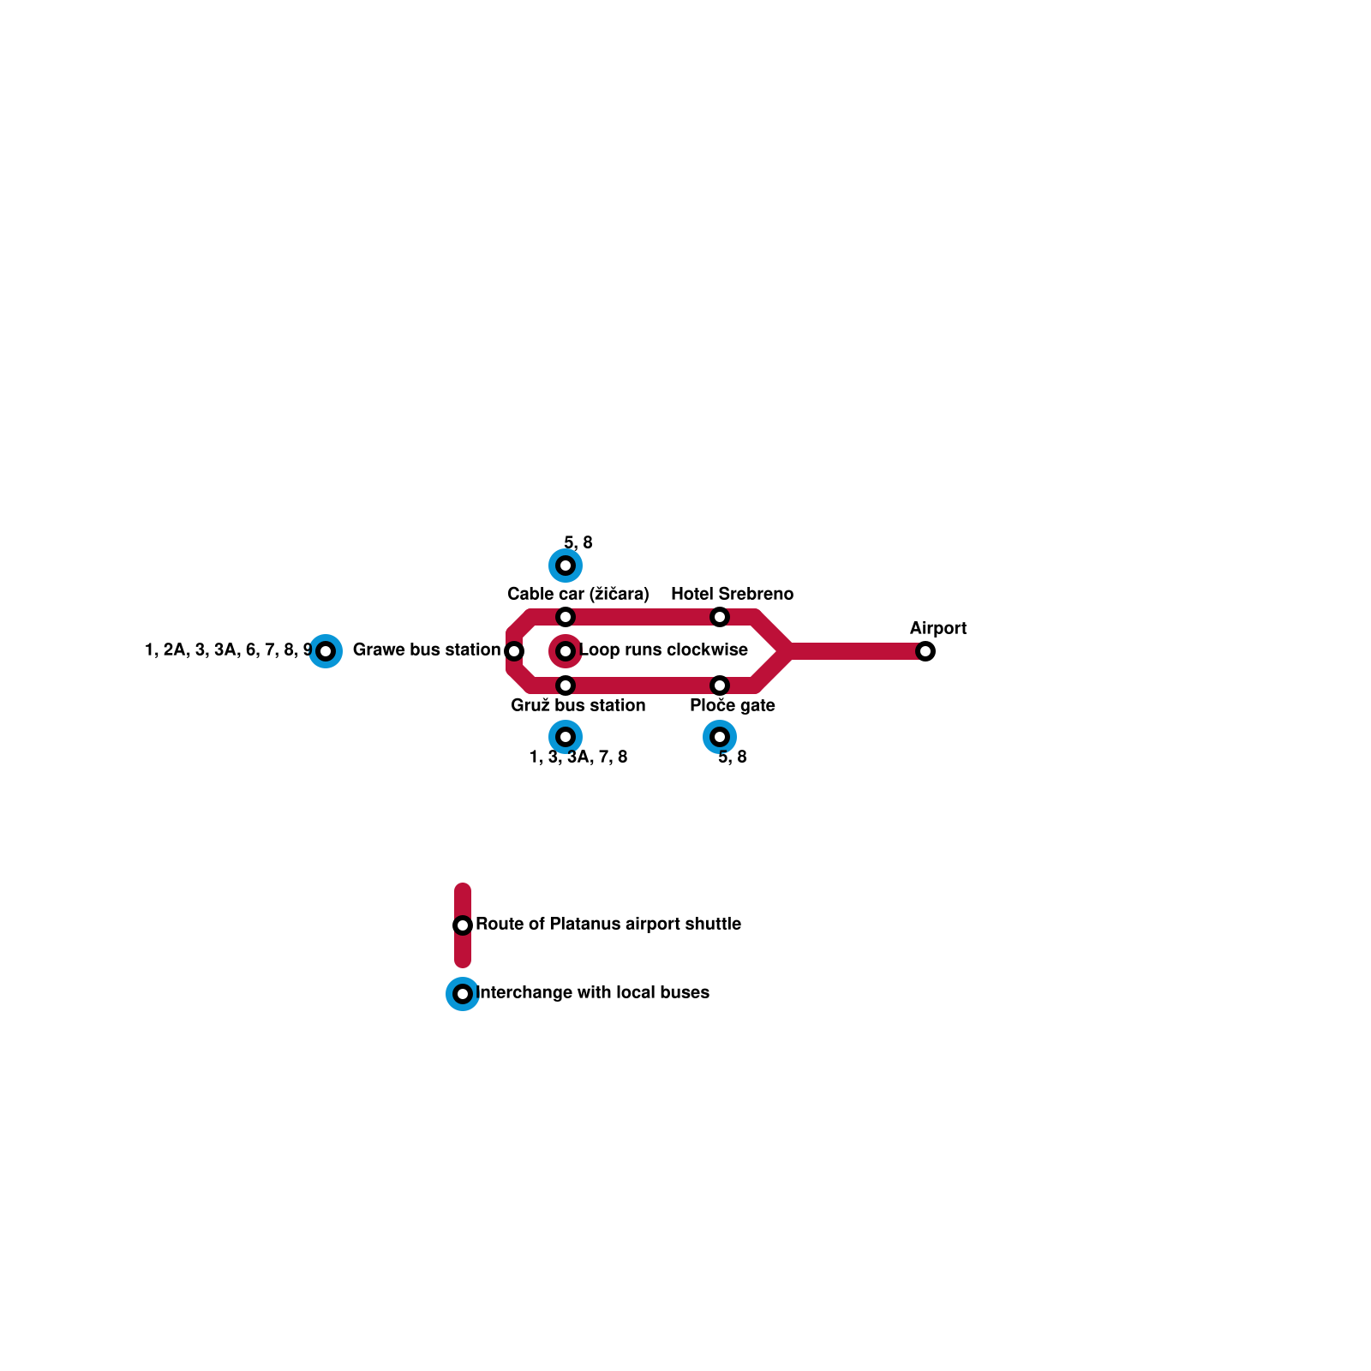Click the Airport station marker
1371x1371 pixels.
(x=925, y=651)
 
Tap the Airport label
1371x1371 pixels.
(x=938, y=628)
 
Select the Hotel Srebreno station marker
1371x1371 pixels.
(x=720, y=617)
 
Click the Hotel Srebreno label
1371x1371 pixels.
(x=732, y=594)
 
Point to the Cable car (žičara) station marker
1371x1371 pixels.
(x=566, y=617)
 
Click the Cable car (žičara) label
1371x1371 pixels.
(x=578, y=594)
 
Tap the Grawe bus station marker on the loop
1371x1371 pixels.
(x=514, y=651)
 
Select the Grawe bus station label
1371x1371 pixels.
(x=426, y=650)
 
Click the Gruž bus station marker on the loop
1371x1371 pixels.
(x=566, y=685)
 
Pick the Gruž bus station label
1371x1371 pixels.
(x=578, y=705)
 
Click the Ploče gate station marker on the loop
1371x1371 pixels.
(x=720, y=685)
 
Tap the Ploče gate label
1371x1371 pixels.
(x=733, y=705)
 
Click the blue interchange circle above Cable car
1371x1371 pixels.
(x=566, y=566)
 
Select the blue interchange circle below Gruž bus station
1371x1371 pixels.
(x=566, y=737)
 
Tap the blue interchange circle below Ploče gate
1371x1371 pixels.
(x=720, y=737)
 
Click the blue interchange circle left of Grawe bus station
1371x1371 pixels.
(x=326, y=651)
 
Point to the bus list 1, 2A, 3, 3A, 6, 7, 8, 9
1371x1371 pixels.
(x=228, y=650)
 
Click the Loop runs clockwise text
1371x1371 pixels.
(x=664, y=650)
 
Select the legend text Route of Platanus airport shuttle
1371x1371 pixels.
(x=608, y=924)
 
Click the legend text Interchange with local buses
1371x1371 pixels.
(x=593, y=992)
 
